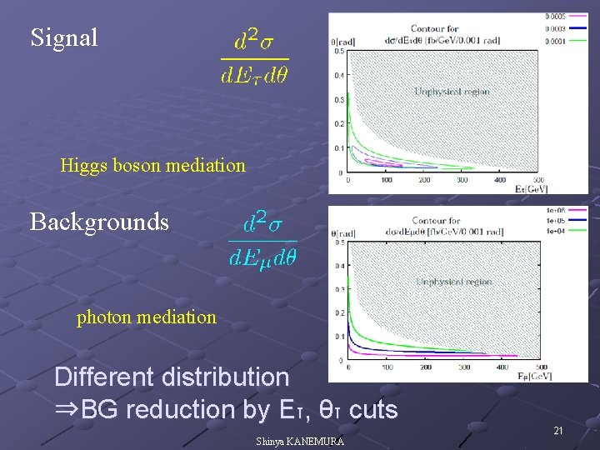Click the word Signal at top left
click(x=64, y=37)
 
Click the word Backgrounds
click(x=99, y=222)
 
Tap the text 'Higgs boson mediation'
click(x=152, y=165)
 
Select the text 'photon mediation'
click(x=146, y=317)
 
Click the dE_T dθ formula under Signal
click(x=255, y=58)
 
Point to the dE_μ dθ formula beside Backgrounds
click(x=262, y=242)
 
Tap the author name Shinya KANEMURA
click(x=300, y=442)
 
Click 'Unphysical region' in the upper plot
click(x=452, y=92)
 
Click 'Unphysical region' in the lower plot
click(x=454, y=282)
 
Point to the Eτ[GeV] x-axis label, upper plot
click(x=532, y=189)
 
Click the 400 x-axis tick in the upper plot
click(x=500, y=179)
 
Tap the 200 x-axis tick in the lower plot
click(x=426, y=367)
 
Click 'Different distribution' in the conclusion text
click(x=172, y=377)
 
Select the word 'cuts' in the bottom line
click(x=372, y=410)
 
